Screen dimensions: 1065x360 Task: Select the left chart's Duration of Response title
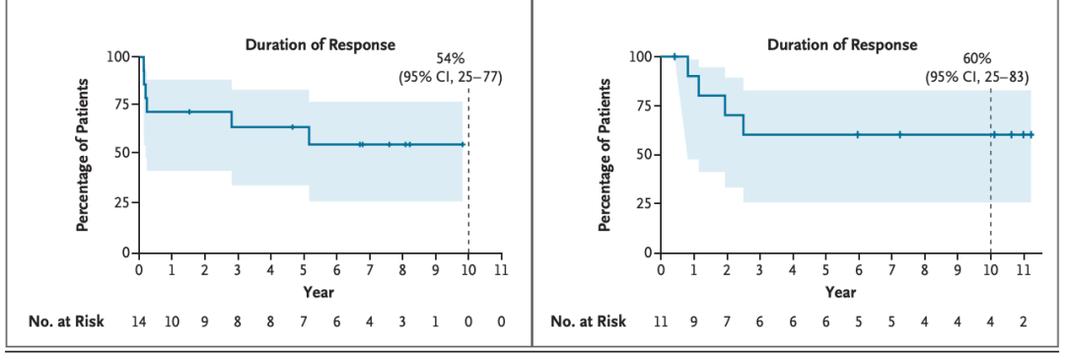(320, 45)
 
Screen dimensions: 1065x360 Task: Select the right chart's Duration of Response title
(842, 45)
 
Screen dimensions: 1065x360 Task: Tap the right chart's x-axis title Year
(841, 293)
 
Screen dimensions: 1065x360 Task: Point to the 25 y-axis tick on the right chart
(643, 204)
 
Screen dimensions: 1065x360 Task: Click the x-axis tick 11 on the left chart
(501, 269)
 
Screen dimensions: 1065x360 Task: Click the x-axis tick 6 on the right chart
(859, 269)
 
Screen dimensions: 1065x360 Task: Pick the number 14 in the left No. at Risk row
(139, 322)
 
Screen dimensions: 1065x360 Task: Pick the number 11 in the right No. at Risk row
(661, 322)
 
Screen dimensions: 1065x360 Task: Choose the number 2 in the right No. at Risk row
(1024, 322)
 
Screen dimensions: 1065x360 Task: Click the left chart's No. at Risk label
(67, 322)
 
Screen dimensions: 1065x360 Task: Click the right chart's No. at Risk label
(589, 322)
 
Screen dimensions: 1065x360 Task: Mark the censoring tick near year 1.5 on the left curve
(189, 111)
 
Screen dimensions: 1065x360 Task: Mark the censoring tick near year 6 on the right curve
(858, 134)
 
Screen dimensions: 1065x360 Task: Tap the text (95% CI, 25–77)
(451, 78)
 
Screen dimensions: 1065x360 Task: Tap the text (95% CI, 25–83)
(977, 76)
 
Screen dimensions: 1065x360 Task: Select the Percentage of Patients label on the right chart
(603, 154)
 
